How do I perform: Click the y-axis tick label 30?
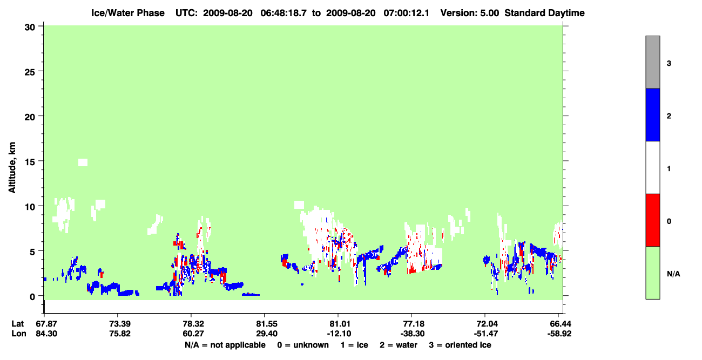30,28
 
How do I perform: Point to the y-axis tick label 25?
30,72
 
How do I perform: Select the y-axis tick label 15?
30,162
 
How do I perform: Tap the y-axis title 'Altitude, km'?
12,168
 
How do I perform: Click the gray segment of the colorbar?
653,62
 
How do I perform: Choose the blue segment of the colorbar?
653,114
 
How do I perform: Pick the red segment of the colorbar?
653,220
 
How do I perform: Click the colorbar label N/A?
673,274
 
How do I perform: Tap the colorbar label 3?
669,64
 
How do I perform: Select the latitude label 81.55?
266,324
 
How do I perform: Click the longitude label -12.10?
339,334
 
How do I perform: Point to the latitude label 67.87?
46,324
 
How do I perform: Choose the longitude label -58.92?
559,334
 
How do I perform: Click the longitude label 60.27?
193,334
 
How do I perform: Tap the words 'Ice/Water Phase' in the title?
128,13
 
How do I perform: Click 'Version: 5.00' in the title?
469,13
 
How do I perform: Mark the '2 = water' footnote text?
399,345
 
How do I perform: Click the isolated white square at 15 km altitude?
83,162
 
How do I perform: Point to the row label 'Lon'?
19,334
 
